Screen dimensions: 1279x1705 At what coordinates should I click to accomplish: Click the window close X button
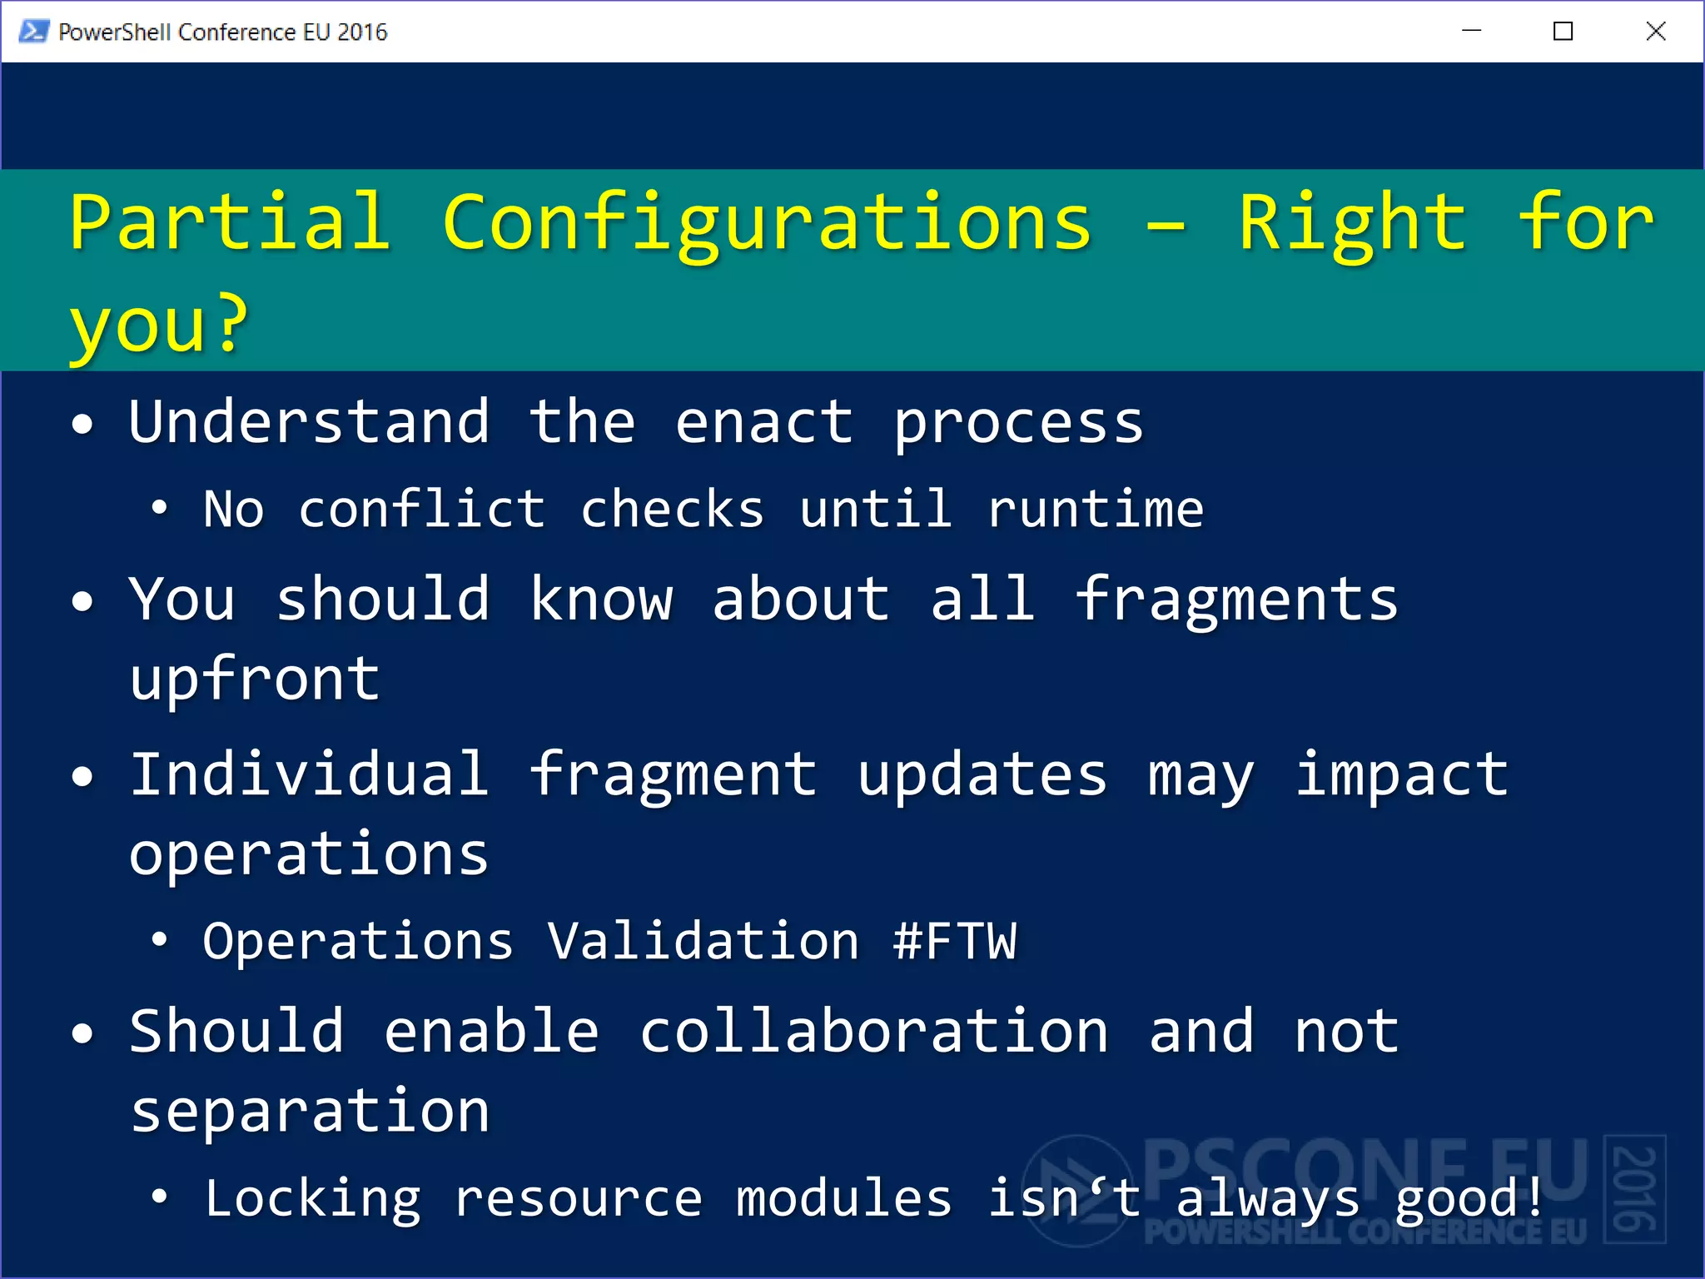[x=1655, y=32]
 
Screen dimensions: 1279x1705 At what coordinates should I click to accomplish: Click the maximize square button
[x=1563, y=32]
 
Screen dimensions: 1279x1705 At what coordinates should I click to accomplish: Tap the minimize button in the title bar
[x=1471, y=32]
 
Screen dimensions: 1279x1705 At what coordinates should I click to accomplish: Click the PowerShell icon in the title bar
[x=33, y=32]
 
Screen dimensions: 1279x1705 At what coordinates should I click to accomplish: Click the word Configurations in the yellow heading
[x=766, y=223]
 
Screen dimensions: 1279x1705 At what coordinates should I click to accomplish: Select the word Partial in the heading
[x=230, y=221]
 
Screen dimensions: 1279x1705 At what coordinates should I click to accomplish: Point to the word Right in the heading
[x=1352, y=223]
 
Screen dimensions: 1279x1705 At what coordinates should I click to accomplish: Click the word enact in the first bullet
[x=763, y=422]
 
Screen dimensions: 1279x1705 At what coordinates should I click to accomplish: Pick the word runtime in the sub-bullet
[x=1096, y=509]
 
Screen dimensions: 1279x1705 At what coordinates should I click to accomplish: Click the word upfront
[x=255, y=679]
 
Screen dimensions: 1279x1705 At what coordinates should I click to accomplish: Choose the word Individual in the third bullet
[x=309, y=774]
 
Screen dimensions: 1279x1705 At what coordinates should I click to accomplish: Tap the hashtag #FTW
[x=955, y=941]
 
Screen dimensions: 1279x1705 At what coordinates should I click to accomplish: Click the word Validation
[x=703, y=941]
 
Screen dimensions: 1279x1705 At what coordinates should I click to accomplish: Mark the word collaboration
[x=874, y=1032]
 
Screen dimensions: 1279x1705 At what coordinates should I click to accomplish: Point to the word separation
[x=310, y=1112]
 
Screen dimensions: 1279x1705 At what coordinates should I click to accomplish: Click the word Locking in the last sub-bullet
[x=313, y=1199]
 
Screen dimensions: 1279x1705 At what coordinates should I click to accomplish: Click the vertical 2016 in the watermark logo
[x=1635, y=1189]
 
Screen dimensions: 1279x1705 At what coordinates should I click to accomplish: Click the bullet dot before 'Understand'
[x=82, y=425]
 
